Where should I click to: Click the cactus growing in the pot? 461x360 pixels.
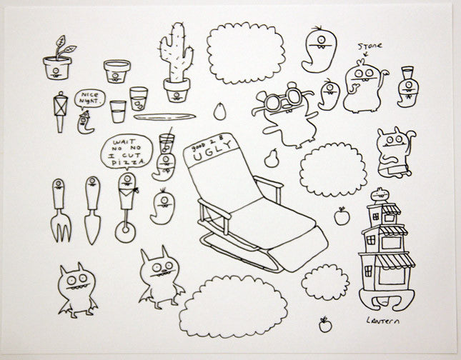click(x=176, y=53)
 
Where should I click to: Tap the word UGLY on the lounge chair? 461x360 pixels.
click(x=212, y=151)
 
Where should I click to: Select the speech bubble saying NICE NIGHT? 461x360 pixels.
click(x=89, y=99)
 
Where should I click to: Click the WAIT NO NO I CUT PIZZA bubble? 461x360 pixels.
click(x=127, y=151)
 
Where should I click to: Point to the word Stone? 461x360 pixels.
click(x=370, y=46)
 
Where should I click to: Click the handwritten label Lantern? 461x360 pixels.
click(x=383, y=320)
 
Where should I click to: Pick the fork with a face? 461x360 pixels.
click(x=60, y=210)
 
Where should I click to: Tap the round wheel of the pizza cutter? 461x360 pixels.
click(x=125, y=231)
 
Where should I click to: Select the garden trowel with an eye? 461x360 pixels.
click(x=93, y=210)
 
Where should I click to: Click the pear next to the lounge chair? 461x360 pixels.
click(x=271, y=159)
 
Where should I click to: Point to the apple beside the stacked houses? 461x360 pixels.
click(x=342, y=216)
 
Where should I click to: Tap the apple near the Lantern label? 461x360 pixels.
click(x=325, y=325)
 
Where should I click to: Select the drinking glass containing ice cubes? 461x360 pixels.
click(x=139, y=99)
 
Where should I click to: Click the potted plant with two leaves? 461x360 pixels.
click(x=58, y=58)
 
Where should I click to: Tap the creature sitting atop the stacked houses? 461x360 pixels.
click(x=380, y=195)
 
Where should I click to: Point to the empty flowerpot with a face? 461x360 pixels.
click(x=117, y=71)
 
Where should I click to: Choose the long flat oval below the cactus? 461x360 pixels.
click(x=164, y=116)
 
